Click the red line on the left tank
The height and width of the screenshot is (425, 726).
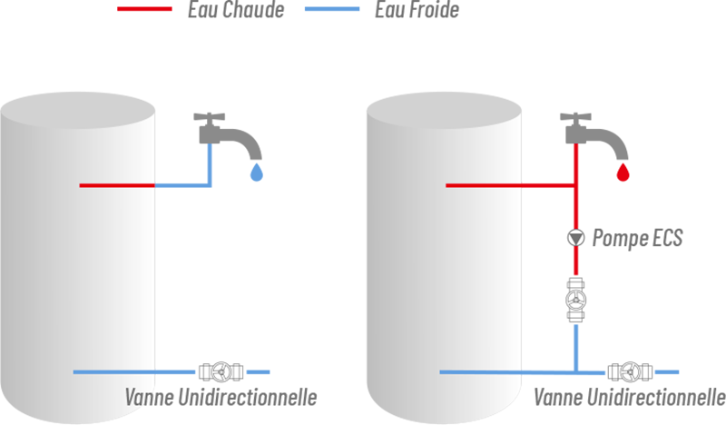(x=118, y=185)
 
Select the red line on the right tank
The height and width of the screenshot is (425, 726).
(x=481, y=187)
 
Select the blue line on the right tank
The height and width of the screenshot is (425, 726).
(x=481, y=373)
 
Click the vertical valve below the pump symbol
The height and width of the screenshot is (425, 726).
(x=574, y=301)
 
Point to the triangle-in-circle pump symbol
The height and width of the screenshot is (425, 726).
(x=575, y=238)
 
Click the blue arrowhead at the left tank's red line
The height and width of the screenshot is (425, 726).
(x=168, y=185)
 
